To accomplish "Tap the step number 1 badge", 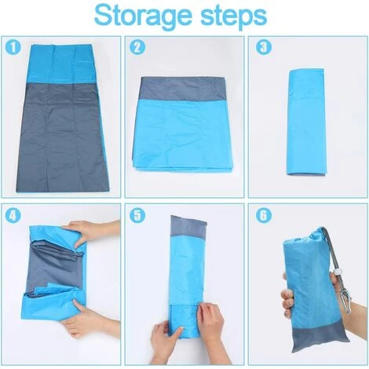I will click(11, 46).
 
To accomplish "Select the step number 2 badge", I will click(136, 46).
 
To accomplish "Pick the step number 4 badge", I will click(11, 214).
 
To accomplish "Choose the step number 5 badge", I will click(136, 214).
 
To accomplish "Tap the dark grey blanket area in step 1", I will click(59, 133).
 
